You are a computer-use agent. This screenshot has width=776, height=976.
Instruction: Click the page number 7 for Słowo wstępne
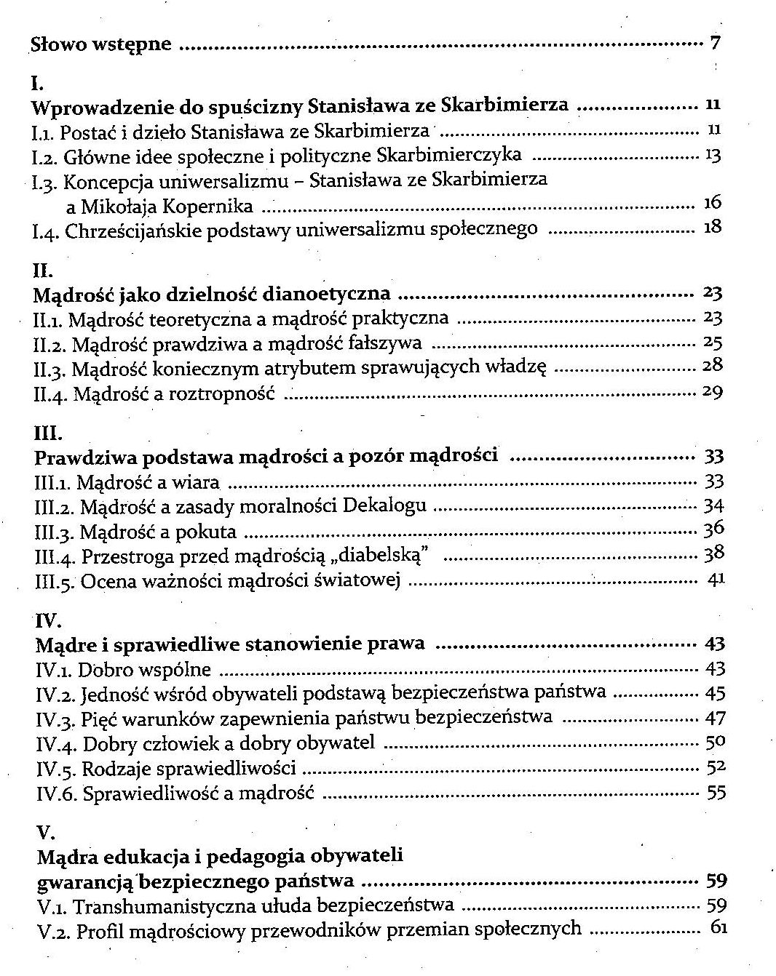(715, 43)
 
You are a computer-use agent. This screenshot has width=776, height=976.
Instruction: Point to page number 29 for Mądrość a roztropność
(712, 392)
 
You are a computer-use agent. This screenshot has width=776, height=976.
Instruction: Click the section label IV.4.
(56, 744)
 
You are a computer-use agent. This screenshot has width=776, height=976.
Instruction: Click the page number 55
(716, 793)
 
